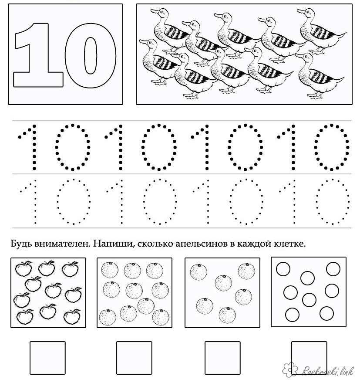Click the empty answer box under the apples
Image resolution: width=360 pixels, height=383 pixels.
[47, 358]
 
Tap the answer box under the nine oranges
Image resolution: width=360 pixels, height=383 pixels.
[134, 358]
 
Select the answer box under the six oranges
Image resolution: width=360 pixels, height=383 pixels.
[222, 358]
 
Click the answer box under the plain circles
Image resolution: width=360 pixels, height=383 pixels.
[309, 358]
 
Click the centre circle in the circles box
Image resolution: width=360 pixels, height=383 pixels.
[309, 300]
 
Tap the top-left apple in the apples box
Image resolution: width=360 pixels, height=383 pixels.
[24, 268]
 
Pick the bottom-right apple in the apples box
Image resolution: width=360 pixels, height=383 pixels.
[72, 317]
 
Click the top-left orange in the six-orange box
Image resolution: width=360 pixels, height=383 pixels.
[199, 272]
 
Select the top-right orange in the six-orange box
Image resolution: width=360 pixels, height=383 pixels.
[246, 271]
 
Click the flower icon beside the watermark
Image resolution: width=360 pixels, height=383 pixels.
[290, 369]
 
